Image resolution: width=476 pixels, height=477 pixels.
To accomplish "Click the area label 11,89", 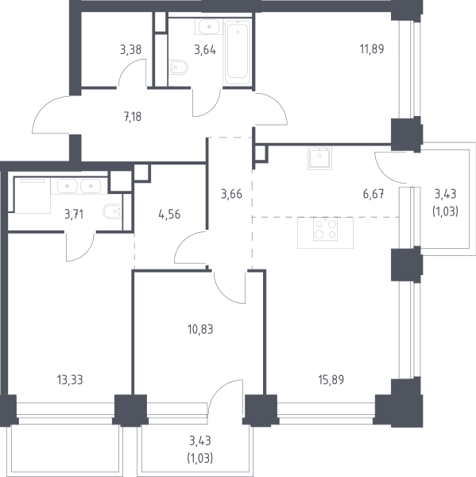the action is point(372,49).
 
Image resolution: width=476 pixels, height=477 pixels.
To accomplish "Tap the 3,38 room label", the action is point(131,49).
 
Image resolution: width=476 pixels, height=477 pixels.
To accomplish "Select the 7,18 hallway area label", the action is point(133,117).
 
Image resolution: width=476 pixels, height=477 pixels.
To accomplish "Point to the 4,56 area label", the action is point(169,215).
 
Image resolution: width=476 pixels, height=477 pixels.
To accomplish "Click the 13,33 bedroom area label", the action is point(70,380).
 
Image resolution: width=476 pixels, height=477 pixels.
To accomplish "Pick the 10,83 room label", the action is point(200,329).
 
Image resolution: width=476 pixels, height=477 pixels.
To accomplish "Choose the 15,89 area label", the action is point(331,380).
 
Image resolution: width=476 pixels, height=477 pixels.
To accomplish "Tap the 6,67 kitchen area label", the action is point(373,194).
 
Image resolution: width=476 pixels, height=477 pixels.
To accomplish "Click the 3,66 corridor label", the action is point(231,194).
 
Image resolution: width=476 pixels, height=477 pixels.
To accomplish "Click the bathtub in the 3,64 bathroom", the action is point(238,52).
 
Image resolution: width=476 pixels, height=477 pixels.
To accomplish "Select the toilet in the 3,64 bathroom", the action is point(178,67).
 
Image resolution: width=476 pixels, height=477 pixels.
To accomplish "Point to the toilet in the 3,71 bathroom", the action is point(113,211).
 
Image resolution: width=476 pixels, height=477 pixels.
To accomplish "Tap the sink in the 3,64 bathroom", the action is point(209,27).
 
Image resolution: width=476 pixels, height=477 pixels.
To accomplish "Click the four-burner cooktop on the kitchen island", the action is point(326,229).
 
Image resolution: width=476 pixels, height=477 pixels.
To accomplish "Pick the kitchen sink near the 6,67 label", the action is point(319,158).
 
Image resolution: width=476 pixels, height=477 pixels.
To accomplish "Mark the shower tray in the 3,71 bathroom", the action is point(33,196).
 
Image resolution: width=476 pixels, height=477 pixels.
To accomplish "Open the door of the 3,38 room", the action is point(132,73).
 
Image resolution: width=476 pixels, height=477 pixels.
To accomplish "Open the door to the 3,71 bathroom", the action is point(80,246).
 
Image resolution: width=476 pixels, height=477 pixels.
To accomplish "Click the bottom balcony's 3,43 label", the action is point(200,440).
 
